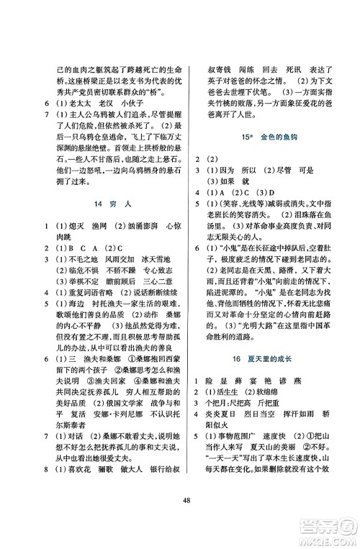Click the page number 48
[180, 522]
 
